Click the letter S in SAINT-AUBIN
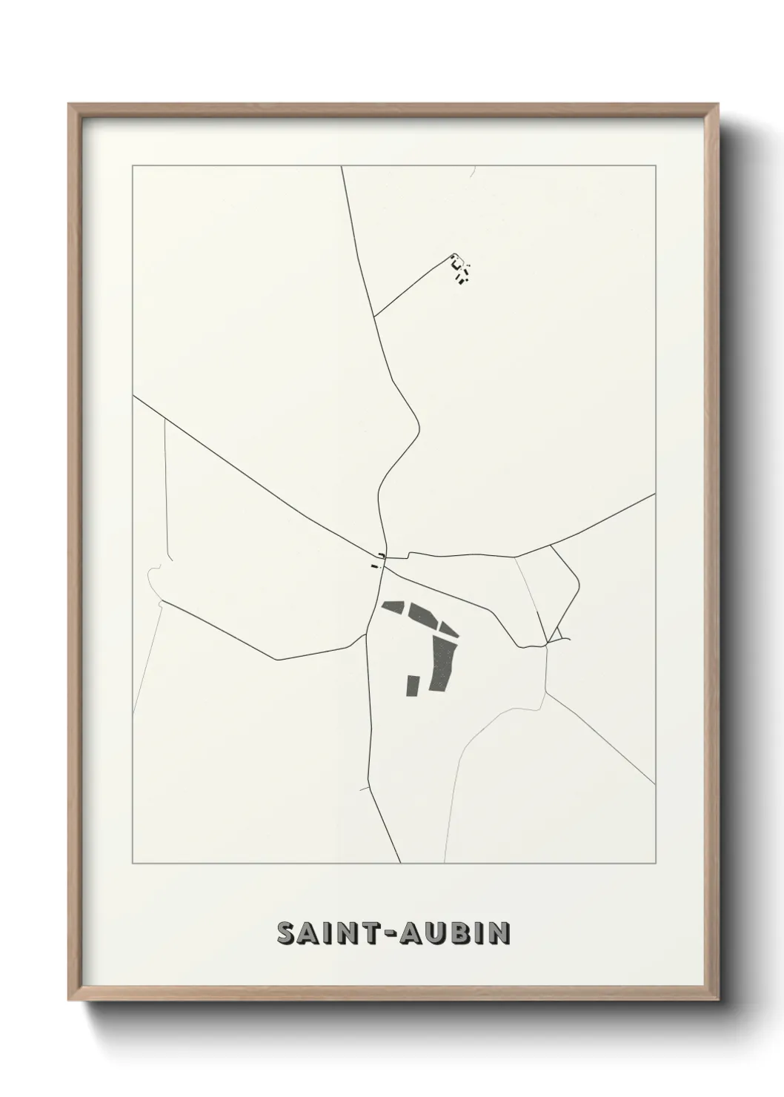(286, 933)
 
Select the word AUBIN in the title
(456, 933)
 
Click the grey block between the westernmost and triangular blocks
(422, 613)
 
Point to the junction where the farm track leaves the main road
(374, 316)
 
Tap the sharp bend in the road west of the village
(276, 659)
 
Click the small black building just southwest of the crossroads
(374, 567)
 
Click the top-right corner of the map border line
(655, 166)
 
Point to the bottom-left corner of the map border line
(133, 864)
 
